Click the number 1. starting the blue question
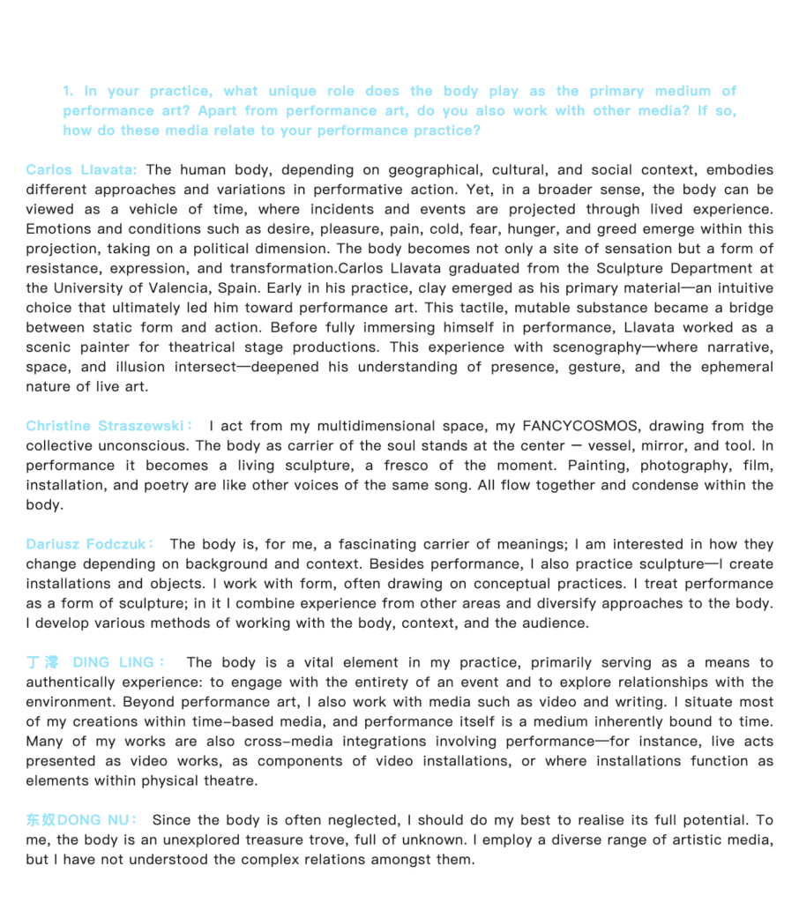tap(68, 91)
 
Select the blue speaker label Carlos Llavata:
tap(81, 169)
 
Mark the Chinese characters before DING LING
tap(42, 662)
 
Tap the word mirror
tap(624, 445)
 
